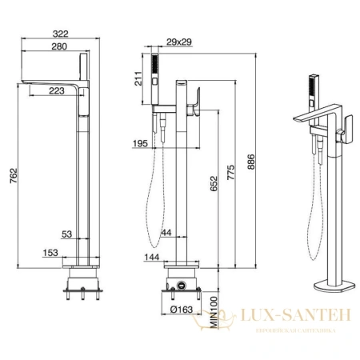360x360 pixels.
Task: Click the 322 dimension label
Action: tap(61, 34)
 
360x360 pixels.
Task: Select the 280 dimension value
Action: tap(59, 46)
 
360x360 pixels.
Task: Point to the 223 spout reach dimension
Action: tap(57, 91)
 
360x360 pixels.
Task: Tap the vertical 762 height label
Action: tap(14, 175)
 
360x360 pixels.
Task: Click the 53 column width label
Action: tap(67, 234)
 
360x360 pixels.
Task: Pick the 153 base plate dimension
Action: tap(50, 253)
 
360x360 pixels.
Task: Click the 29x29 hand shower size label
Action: tap(179, 42)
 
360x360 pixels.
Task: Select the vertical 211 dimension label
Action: tap(138, 78)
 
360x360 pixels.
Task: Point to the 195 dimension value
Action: tap(140, 143)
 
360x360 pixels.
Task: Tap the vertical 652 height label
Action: tap(214, 184)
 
